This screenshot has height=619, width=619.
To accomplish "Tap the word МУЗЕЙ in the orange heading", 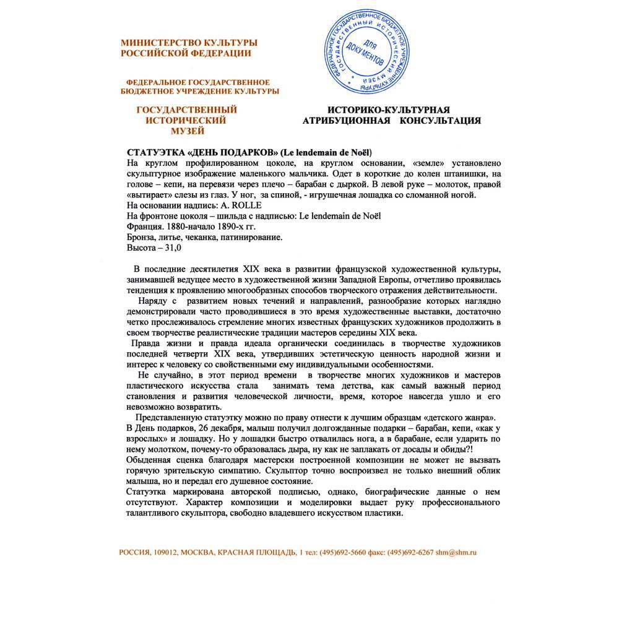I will coord(187,131).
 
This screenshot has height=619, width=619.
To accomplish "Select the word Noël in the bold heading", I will coord(361,152).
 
